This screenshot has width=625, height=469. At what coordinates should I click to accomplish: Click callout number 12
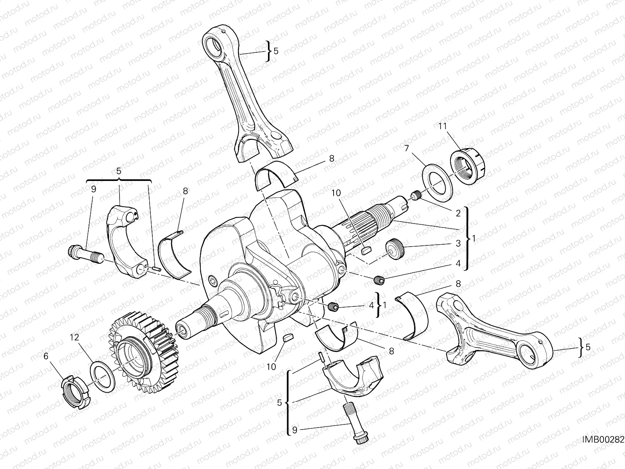click(75, 337)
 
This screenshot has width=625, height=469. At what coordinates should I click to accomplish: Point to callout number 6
click(46, 355)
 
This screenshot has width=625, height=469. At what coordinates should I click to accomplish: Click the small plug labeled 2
click(415, 196)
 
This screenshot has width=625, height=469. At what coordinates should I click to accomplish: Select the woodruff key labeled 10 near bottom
click(287, 338)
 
